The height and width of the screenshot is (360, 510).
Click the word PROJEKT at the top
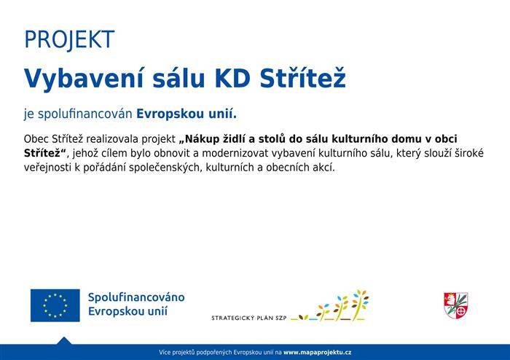[x=69, y=39]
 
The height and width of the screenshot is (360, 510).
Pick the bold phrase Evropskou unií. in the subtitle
[x=187, y=114]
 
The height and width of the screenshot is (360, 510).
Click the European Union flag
[x=55, y=305]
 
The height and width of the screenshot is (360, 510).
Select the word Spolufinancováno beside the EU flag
[x=136, y=298]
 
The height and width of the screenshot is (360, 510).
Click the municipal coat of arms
[x=455, y=305]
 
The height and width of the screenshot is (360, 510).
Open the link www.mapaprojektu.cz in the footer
[x=318, y=353]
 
